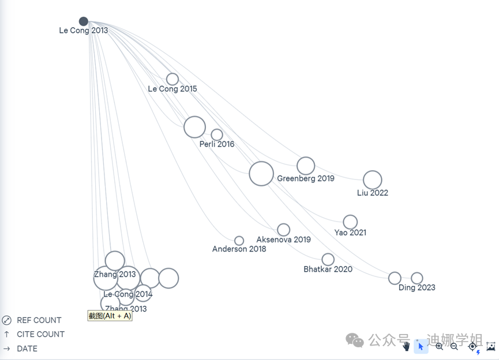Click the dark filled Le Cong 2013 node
(x=84, y=21)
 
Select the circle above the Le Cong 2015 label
(x=172, y=79)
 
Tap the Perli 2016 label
(x=217, y=144)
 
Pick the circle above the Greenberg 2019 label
(x=306, y=166)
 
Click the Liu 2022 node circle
(x=372, y=180)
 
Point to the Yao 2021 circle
(x=350, y=222)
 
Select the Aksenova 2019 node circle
(x=283, y=230)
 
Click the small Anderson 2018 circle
(x=239, y=241)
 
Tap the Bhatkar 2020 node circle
(x=328, y=260)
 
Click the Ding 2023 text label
(x=417, y=287)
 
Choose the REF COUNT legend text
(x=39, y=320)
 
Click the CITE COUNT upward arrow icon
(x=6, y=334)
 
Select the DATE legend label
(x=27, y=348)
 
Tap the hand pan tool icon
(x=406, y=346)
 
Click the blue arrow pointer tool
(x=421, y=346)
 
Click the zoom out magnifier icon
(x=454, y=346)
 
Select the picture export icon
(x=491, y=346)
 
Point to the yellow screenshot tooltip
(x=110, y=316)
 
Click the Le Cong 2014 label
(x=128, y=294)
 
